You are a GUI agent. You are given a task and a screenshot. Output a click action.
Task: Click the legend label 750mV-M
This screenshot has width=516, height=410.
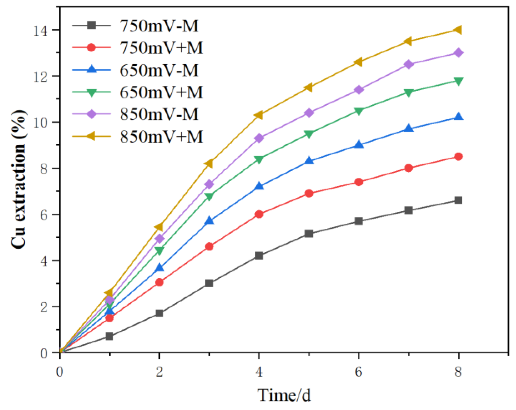point(159,26)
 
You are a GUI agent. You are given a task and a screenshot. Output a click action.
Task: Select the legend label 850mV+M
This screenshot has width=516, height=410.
point(161,137)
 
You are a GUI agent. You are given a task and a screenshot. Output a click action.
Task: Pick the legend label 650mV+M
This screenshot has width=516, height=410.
point(161,92)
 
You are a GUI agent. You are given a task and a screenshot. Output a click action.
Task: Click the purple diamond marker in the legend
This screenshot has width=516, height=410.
point(92,114)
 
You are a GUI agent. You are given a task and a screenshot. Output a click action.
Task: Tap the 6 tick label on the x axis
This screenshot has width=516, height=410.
point(359,372)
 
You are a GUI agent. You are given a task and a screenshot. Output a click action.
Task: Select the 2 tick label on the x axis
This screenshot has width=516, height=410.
point(159,372)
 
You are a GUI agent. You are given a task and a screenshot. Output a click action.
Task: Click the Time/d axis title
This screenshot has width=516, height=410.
point(284,395)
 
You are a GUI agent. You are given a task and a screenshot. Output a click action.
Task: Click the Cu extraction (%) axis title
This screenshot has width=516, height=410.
point(19,179)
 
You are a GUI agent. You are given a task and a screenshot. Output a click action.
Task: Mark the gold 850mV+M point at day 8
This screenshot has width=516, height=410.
point(458,30)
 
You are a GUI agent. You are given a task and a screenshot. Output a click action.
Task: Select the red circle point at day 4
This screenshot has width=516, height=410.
point(259,214)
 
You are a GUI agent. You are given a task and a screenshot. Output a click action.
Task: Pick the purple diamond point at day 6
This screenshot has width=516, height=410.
point(359,90)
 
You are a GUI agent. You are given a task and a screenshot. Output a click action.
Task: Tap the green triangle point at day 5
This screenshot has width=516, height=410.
point(309,134)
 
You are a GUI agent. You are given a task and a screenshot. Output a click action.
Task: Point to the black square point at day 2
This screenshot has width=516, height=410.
point(159,313)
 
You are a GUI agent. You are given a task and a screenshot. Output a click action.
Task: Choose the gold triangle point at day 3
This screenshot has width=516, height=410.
point(209,164)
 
